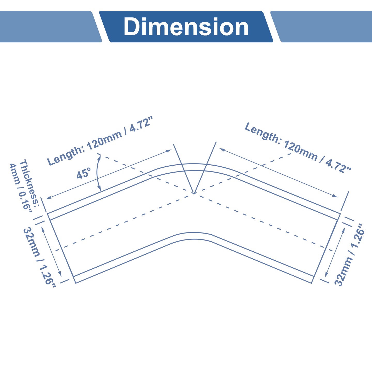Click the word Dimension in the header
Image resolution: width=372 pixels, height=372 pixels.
pos(186,26)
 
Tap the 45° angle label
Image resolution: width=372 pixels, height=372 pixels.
pos(84,173)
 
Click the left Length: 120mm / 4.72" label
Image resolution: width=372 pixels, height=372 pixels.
pos(100,141)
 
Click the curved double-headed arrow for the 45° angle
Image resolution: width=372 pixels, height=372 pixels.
pos(97,173)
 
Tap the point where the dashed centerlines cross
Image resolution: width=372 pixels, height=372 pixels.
pos(194,193)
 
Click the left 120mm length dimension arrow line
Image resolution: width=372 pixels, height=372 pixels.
pos(109,174)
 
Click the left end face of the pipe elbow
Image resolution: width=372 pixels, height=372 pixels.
pos(61,248)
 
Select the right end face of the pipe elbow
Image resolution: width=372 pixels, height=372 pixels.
pos(326,249)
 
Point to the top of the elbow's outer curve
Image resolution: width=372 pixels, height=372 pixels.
pos(194,164)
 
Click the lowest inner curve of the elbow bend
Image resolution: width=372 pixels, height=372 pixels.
pos(194,239)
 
